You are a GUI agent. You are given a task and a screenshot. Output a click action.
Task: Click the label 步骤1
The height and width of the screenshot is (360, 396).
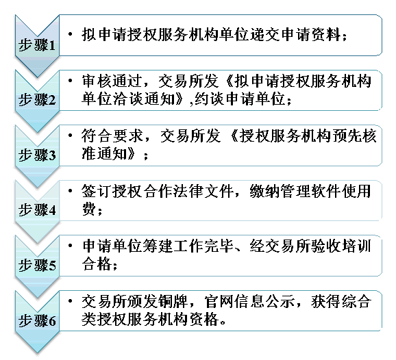click(37, 45)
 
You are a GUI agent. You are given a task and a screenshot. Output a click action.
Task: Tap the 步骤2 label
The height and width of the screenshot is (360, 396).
click(37, 99)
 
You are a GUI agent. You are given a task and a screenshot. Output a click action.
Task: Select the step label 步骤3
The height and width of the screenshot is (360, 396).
click(37, 155)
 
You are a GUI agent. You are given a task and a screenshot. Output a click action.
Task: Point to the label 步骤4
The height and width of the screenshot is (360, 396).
click(37, 209)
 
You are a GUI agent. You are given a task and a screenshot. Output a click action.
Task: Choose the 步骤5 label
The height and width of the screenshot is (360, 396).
click(37, 265)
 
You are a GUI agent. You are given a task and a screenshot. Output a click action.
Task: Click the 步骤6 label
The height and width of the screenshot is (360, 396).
click(37, 320)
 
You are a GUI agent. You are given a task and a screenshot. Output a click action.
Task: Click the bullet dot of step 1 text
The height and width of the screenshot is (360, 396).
click(71, 34)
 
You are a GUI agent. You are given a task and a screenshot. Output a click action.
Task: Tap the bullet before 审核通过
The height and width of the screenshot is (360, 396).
click(71, 81)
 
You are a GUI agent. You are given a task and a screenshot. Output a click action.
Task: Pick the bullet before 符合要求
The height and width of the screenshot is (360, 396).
click(71, 136)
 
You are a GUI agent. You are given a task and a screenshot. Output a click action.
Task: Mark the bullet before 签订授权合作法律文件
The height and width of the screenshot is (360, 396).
click(71, 191)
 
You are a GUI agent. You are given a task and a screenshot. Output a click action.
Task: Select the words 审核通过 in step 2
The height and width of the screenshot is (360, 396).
click(112, 81)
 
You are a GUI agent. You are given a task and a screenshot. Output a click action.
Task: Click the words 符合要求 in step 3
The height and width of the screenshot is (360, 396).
click(112, 136)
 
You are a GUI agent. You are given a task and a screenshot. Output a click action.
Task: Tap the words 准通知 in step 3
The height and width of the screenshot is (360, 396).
click(104, 153)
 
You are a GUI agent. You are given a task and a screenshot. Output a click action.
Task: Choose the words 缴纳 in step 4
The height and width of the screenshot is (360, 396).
click(264, 191)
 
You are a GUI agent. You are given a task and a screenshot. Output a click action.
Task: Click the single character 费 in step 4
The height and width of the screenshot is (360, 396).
click(89, 209)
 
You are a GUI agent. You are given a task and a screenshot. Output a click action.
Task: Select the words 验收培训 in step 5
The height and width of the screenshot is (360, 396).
click(341, 246)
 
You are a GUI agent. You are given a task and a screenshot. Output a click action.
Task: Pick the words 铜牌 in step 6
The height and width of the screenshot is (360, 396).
click(173, 301)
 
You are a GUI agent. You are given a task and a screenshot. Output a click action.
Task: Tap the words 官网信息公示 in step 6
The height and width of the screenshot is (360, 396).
click(250, 301)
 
